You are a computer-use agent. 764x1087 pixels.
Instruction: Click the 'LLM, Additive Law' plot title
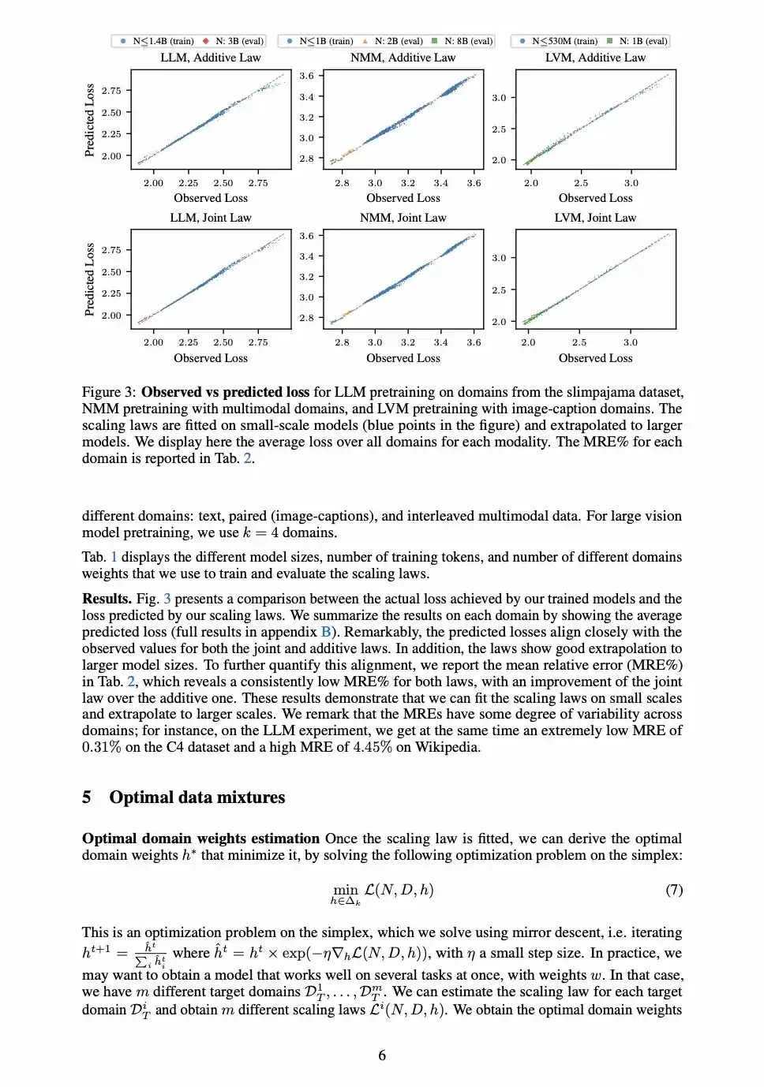(x=210, y=58)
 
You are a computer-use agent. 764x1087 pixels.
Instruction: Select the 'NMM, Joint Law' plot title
(x=403, y=218)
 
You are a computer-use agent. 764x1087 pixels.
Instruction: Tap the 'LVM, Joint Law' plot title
(x=595, y=218)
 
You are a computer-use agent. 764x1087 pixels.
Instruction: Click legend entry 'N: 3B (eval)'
(x=238, y=41)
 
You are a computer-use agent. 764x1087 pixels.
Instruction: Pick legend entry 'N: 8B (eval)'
(x=467, y=41)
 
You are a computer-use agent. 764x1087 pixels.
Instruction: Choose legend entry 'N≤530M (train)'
(x=564, y=41)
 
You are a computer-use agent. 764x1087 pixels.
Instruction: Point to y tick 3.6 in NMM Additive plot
(x=306, y=76)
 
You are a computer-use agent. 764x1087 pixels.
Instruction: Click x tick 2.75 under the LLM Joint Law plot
(x=258, y=342)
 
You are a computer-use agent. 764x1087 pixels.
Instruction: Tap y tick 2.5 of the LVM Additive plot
(x=499, y=129)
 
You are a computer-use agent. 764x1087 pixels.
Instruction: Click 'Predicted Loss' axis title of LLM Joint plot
(x=89, y=279)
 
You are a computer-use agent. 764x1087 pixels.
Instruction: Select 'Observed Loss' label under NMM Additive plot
(x=403, y=198)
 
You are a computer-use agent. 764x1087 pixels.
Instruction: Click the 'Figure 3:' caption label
(x=109, y=392)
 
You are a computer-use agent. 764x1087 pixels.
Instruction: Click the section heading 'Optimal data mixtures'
(x=197, y=798)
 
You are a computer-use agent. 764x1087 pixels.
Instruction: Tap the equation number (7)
(x=673, y=890)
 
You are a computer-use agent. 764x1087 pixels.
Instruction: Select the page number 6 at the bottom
(x=382, y=1055)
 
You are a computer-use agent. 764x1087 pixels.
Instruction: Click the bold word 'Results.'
(x=107, y=599)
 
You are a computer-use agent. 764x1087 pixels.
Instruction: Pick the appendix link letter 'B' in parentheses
(x=326, y=632)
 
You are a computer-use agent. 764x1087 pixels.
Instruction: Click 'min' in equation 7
(x=345, y=889)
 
